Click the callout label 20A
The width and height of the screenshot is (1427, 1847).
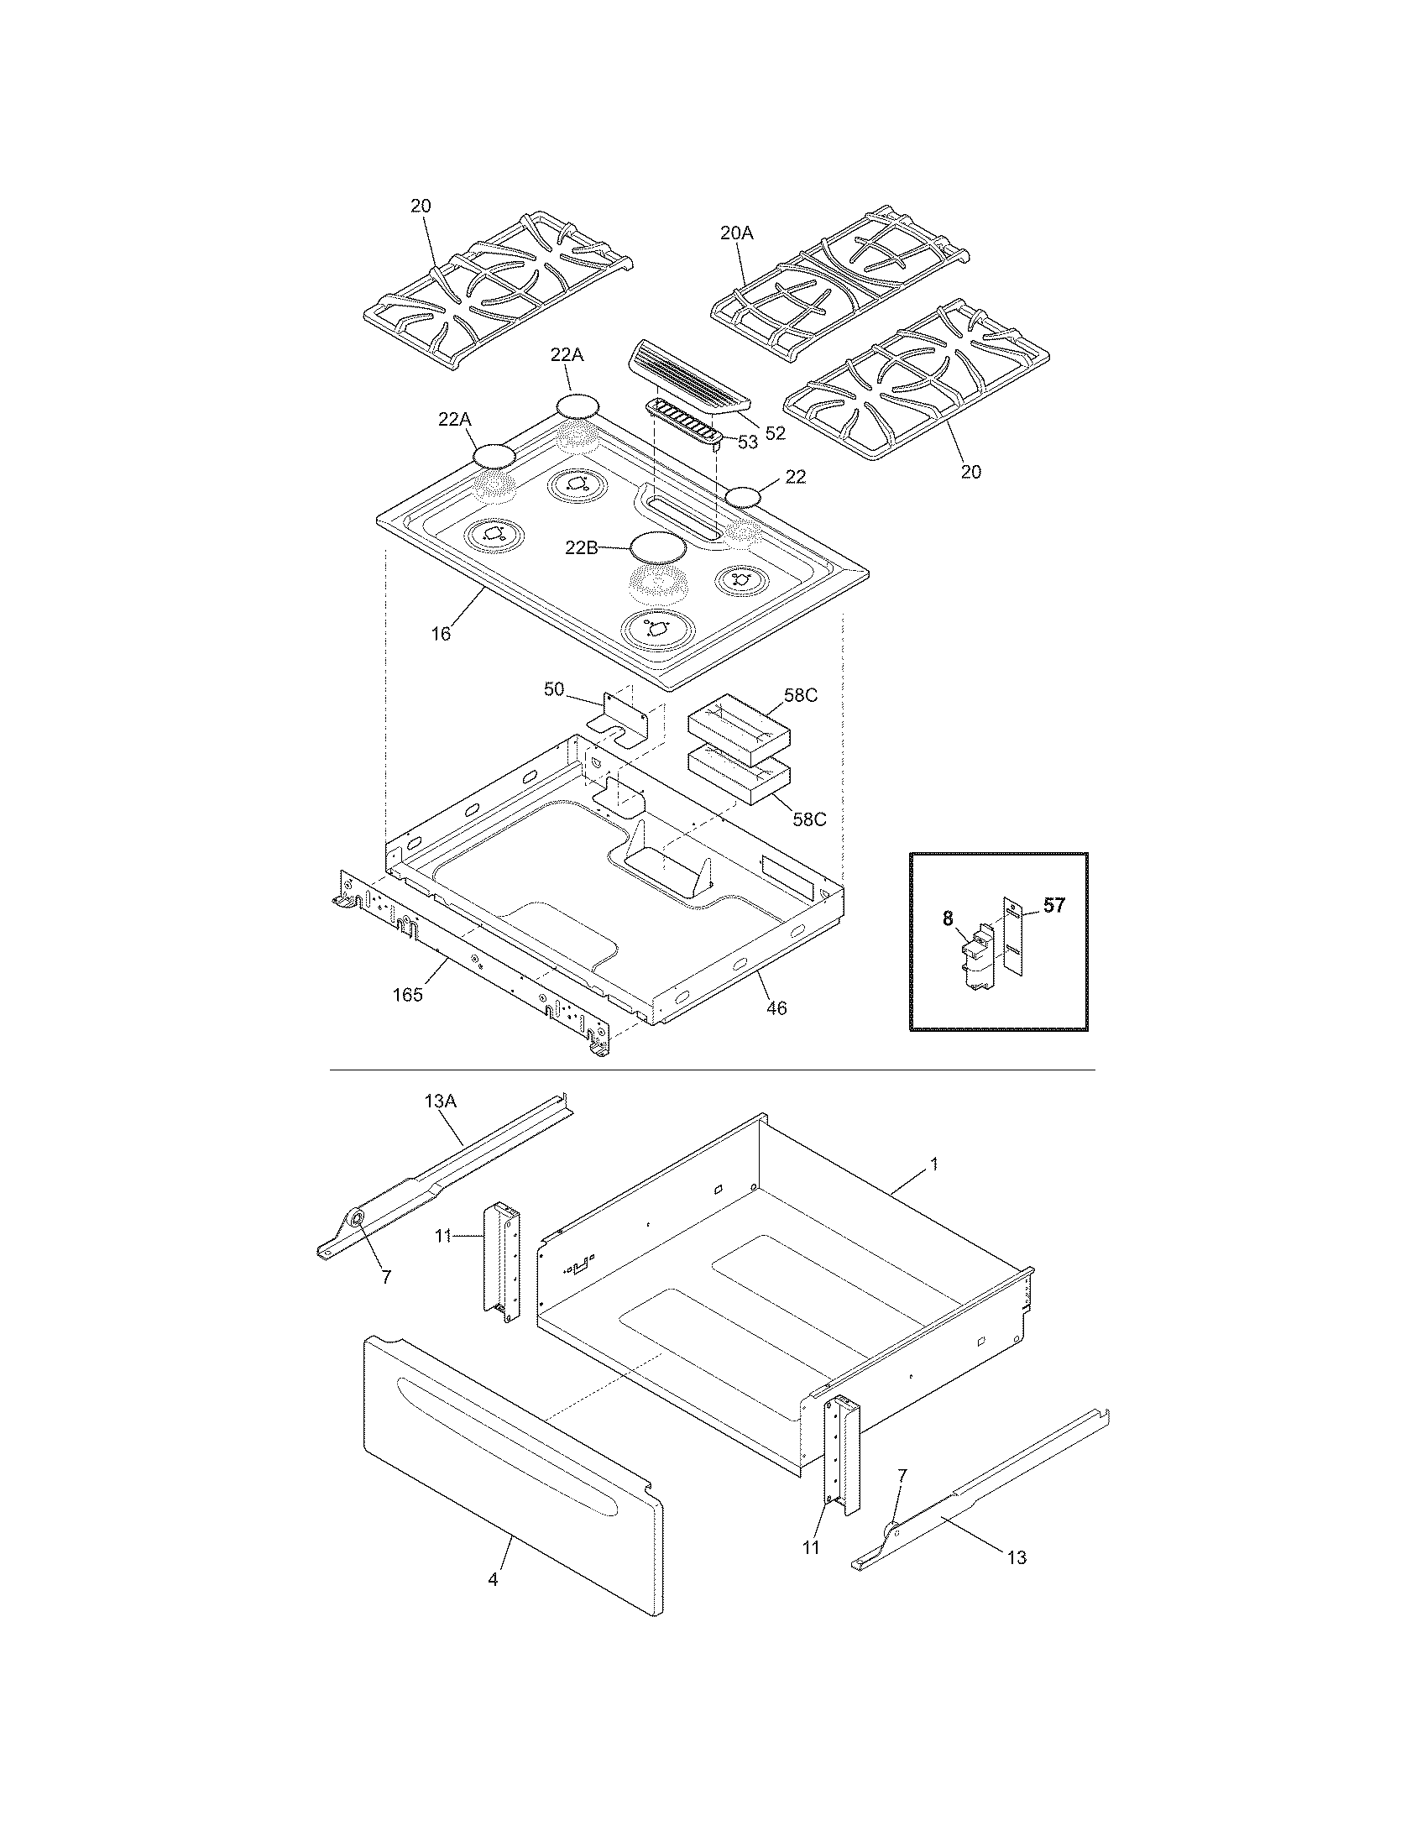coord(735,233)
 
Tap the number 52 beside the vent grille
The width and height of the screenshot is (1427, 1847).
coord(775,433)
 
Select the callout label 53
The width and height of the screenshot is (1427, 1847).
coord(747,442)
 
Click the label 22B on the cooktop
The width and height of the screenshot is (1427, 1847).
coord(582,548)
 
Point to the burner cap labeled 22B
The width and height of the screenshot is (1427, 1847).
coord(658,547)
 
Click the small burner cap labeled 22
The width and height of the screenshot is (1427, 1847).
coord(745,497)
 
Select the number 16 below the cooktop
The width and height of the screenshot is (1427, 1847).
coord(441,632)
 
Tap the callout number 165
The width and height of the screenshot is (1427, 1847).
coord(407,995)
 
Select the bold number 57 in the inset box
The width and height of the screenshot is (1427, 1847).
coord(1053,906)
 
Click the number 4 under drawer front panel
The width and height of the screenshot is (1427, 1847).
coord(493,1579)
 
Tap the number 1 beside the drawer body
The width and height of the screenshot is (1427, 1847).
coord(934,1164)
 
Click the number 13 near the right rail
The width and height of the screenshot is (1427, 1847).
coord(1017,1557)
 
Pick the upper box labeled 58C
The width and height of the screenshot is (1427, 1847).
coord(739,727)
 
